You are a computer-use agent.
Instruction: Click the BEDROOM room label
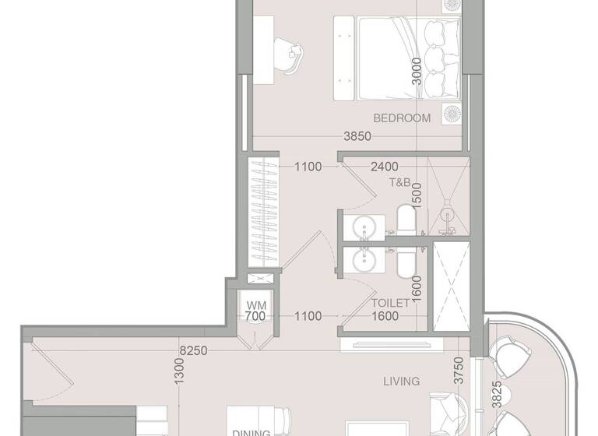tap(402, 118)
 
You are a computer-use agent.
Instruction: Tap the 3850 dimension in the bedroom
tap(357, 136)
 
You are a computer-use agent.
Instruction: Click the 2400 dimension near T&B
tap(385, 166)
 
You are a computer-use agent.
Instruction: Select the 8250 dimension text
tap(193, 351)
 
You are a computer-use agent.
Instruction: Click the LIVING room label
tap(402, 381)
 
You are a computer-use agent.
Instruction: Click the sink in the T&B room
tap(364, 228)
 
